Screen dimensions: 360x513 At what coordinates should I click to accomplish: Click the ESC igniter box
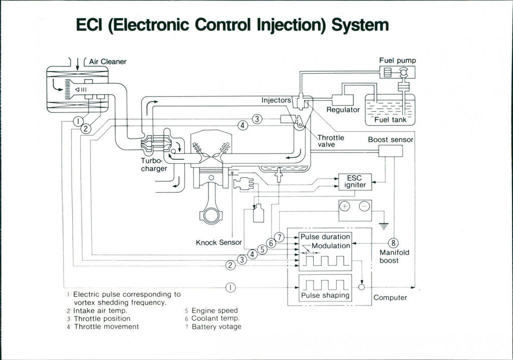pyautogui.click(x=355, y=182)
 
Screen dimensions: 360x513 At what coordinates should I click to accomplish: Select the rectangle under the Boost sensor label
pyautogui.click(x=390, y=151)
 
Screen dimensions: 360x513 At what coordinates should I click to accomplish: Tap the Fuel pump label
pyautogui.click(x=397, y=61)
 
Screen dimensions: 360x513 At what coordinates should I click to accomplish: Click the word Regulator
pyautogui.click(x=343, y=110)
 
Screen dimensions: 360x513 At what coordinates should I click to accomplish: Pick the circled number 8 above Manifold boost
pyautogui.click(x=393, y=243)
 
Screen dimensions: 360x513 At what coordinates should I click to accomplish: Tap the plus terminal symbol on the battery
pyautogui.click(x=347, y=207)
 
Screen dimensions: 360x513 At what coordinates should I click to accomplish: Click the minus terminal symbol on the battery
pyautogui.click(x=365, y=207)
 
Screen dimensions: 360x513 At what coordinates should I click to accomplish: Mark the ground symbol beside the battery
pyautogui.click(x=384, y=226)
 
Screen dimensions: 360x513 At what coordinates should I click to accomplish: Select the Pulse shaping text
pyautogui.click(x=325, y=295)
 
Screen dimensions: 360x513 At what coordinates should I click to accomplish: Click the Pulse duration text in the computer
pyautogui.click(x=325, y=237)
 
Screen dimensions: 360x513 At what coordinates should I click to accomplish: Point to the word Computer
pyautogui.click(x=390, y=298)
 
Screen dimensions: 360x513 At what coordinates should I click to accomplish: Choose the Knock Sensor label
pyautogui.click(x=218, y=243)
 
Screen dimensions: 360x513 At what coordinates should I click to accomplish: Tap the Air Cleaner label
pyautogui.click(x=108, y=62)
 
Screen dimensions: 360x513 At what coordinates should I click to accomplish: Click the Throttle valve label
pyautogui.click(x=331, y=141)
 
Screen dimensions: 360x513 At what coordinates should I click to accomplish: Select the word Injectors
pyautogui.click(x=276, y=100)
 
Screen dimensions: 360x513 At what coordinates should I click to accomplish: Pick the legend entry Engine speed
pyautogui.click(x=214, y=311)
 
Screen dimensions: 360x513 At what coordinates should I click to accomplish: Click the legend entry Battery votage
pyautogui.click(x=216, y=327)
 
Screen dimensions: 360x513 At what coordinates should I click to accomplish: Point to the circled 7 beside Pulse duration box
pyautogui.click(x=280, y=237)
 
